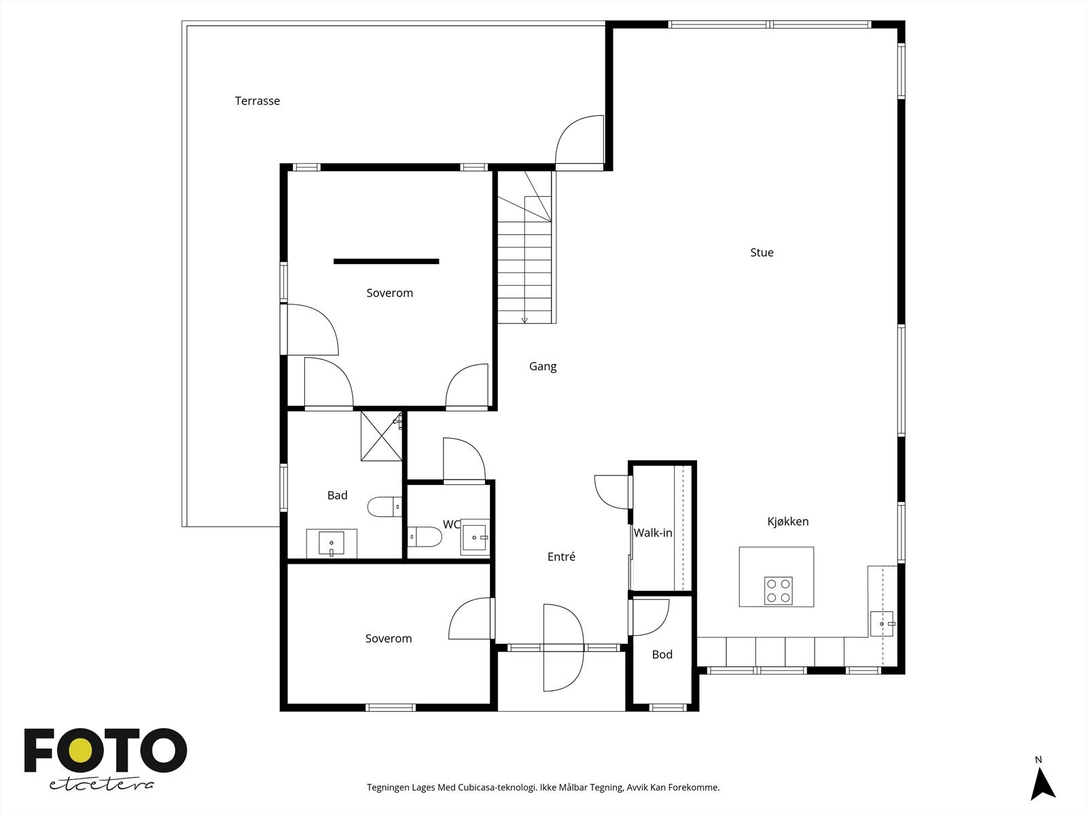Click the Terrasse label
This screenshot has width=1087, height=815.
point(257,101)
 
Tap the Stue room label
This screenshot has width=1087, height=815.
point(762,253)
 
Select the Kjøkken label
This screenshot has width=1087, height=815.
point(788,521)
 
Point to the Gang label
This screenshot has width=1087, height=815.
point(543,367)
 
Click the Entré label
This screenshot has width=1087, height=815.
point(561,557)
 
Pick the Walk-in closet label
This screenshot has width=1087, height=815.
point(653,533)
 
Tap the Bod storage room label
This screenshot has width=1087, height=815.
point(662,655)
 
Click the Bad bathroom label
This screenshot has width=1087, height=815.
point(337,495)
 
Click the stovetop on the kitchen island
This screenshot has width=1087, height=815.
point(778,591)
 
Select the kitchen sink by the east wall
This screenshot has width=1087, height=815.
point(882,623)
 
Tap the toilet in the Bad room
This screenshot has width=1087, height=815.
point(385,507)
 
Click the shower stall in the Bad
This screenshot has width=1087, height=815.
point(381,436)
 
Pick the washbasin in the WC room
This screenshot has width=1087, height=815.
point(475,537)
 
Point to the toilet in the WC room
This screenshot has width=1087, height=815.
point(425,537)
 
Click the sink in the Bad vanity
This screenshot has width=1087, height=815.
point(332,543)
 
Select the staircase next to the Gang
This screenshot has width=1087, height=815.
point(525,247)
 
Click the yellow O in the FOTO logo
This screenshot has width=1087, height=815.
point(81,750)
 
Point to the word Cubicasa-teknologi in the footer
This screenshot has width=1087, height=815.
point(497,787)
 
